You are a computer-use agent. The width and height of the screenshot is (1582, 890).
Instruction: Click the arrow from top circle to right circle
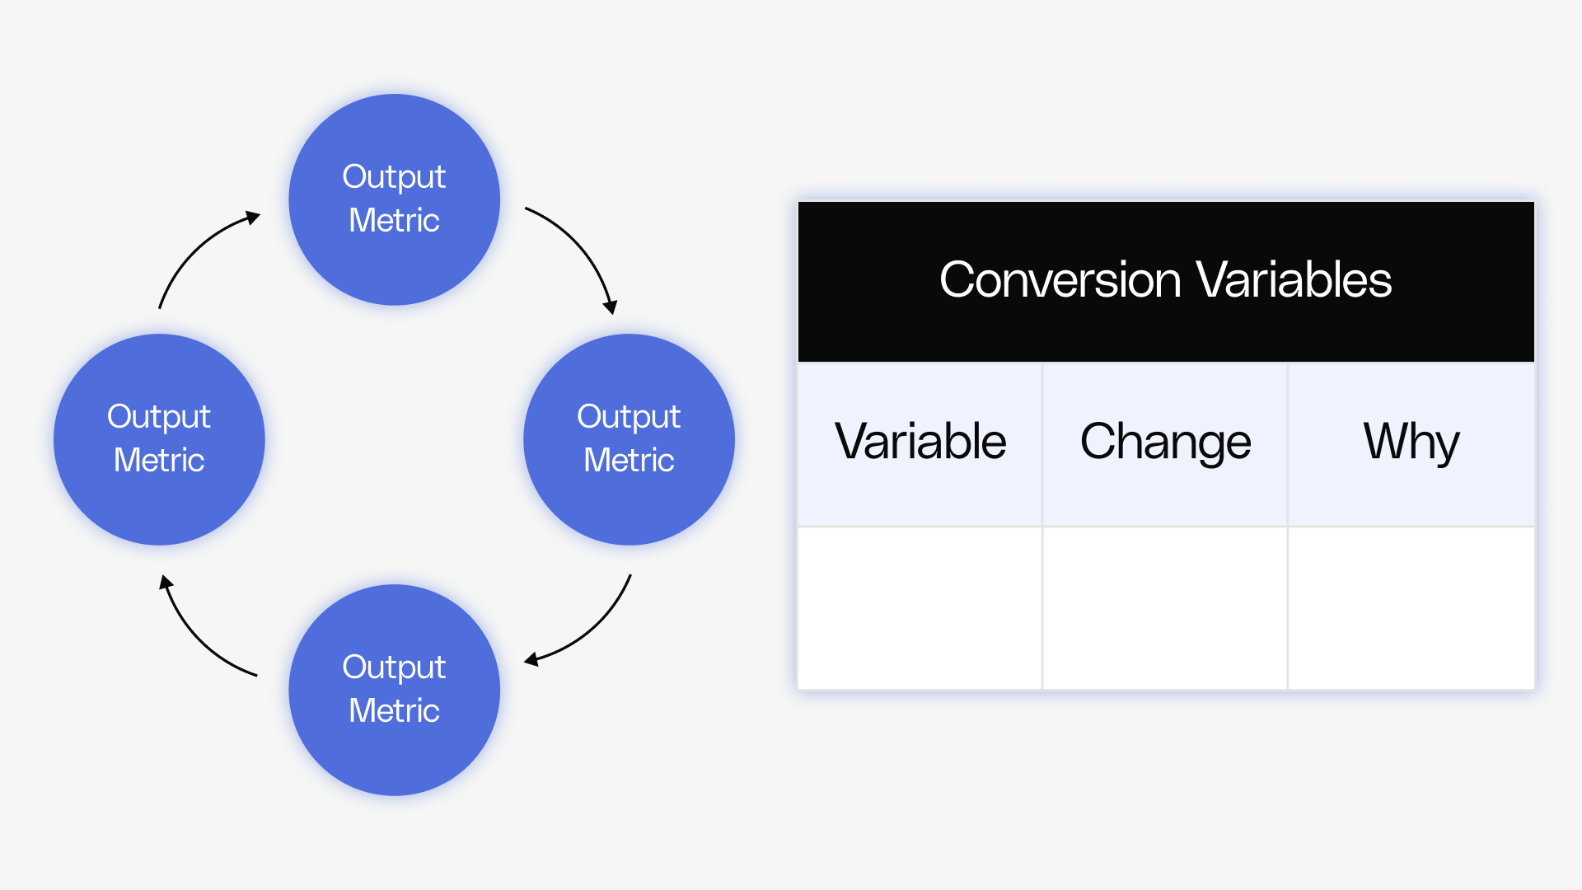tap(581, 247)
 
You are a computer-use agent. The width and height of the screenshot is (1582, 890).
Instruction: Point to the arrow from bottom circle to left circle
tap(198, 639)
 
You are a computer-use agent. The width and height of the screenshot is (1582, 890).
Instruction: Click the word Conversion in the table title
tap(1060, 280)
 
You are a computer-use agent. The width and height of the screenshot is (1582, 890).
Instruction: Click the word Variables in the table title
tap(1294, 280)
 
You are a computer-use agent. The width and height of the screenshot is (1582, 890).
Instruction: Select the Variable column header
tap(920, 442)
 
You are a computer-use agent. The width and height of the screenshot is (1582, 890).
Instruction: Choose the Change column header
tap(1165, 442)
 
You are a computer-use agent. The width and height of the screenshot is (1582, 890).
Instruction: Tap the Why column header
tap(1411, 442)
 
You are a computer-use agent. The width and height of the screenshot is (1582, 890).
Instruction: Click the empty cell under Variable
tap(920, 608)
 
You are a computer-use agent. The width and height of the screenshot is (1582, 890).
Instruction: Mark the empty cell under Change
tap(1165, 608)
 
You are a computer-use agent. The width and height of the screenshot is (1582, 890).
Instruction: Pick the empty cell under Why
tap(1411, 608)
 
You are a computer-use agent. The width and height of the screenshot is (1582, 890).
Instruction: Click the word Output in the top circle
tap(394, 177)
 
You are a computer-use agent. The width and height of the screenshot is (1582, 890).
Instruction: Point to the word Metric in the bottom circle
tap(394, 710)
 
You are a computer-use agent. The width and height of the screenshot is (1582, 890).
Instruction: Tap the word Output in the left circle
tap(159, 417)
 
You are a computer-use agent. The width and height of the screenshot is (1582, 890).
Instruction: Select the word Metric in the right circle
tap(629, 460)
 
